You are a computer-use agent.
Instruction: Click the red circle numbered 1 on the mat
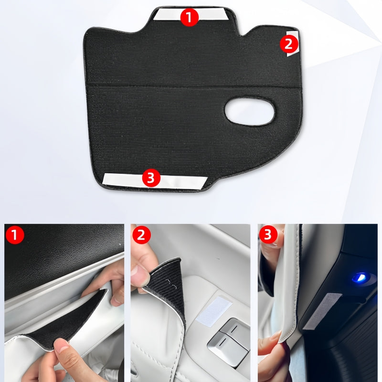(x=190, y=18)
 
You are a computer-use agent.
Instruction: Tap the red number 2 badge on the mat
(x=288, y=44)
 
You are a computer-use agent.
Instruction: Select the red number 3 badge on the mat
(x=151, y=179)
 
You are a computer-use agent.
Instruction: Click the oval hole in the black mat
(x=250, y=111)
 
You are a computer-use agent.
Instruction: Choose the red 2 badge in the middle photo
(x=142, y=235)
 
